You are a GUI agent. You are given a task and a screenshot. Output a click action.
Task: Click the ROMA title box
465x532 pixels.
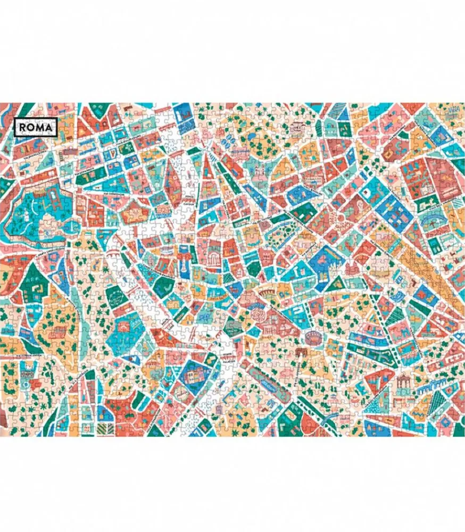(36, 127)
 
